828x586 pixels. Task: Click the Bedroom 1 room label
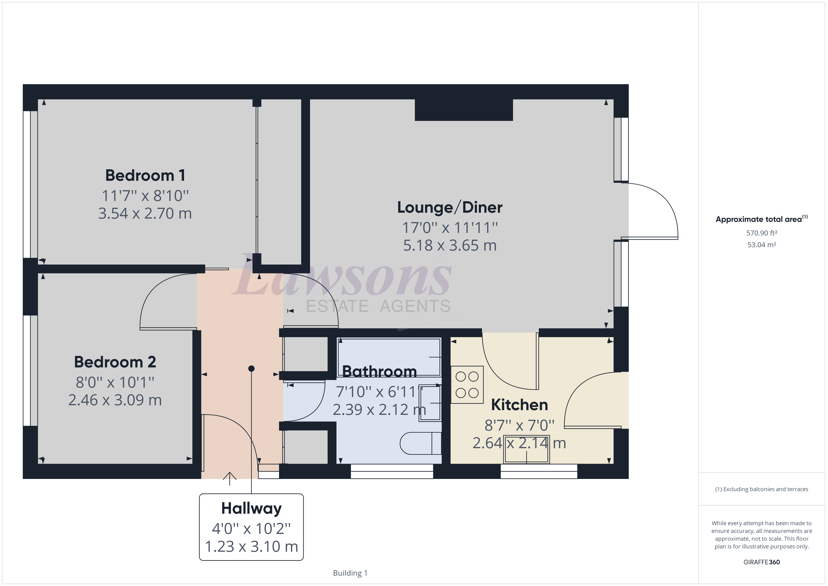click(x=145, y=176)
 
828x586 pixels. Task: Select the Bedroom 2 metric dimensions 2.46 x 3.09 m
click(x=115, y=400)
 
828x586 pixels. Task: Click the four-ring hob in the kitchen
click(x=467, y=385)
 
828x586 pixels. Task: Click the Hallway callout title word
click(x=251, y=509)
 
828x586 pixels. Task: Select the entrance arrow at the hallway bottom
click(x=229, y=478)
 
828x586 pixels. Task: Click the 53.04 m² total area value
click(x=762, y=245)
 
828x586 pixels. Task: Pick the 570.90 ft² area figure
click(x=762, y=233)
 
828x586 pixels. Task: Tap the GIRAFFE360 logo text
click(x=762, y=562)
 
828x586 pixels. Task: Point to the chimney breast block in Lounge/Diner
click(x=464, y=110)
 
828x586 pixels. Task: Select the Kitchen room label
click(x=519, y=405)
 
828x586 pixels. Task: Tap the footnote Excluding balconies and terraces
click(x=762, y=489)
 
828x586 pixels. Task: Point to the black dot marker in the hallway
click(x=251, y=368)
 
